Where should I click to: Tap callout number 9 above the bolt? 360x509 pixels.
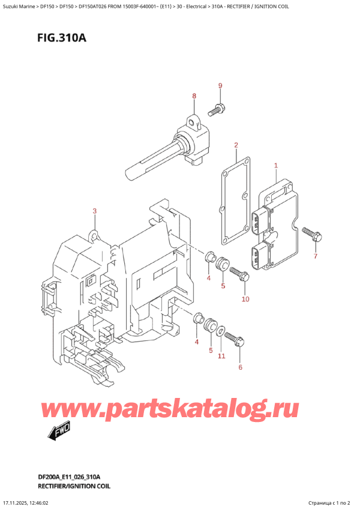220,86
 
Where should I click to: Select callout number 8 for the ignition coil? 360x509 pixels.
194,96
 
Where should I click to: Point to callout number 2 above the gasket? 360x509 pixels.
236,145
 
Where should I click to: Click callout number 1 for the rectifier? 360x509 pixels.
275,165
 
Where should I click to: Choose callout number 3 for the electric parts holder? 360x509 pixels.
94,211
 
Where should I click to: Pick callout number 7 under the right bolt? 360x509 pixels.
314,257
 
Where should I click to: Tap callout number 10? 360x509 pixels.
245,299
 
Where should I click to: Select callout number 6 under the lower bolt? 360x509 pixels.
241,367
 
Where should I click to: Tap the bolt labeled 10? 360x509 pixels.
239,276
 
